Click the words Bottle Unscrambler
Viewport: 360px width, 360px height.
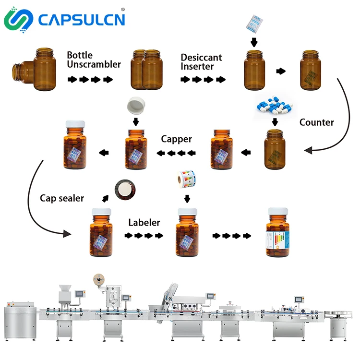pos(94,60)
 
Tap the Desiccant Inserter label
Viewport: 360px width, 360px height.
pos(201,62)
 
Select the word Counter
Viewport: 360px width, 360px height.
pos(316,122)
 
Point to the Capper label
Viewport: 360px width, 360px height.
pos(176,139)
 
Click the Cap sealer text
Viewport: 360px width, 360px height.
pos(62,198)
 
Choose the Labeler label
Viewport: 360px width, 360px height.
pos(144,223)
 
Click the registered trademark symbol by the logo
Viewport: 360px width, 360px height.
pos(123,9)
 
